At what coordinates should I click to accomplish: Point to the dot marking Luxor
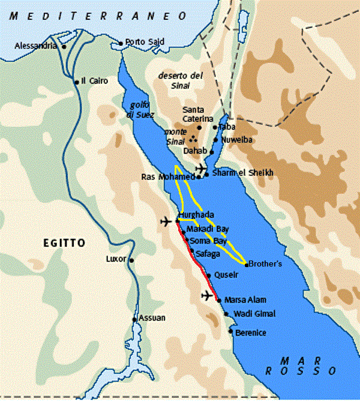click(x=131, y=260)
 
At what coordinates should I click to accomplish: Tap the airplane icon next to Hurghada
click(x=167, y=222)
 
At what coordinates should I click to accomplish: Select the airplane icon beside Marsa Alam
click(x=208, y=296)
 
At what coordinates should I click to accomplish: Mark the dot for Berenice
click(x=230, y=330)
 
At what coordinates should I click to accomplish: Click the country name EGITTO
click(x=64, y=243)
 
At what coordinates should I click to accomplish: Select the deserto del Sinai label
click(x=178, y=79)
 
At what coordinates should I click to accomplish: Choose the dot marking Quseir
click(x=208, y=275)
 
